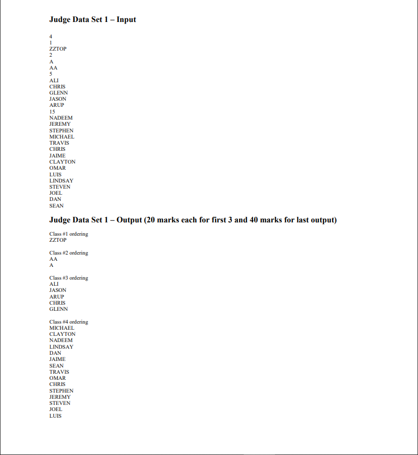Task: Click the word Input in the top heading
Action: pyautogui.click(x=126, y=20)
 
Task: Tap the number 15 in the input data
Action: pyautogui.click(x=52, y=111)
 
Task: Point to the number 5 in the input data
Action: pyautogui.click(x=51, y=74)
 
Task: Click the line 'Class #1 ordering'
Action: pyautogui.click(x=68, y=234)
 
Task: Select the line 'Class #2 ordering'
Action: pyautogui.click(x=68, y=253)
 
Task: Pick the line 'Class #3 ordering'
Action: pyautogui.click(x=68, y=278)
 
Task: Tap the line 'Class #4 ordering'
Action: pyautogui.click(x=68, y=322)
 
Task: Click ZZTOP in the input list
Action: pyautogui.click(x=58, y=49)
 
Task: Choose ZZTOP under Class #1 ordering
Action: pyautogui.click(x=58, y=240)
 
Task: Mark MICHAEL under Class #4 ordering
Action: pyautogui.click(x=61, y=328)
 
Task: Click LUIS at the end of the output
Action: pyautogui.click(x=55, y=416)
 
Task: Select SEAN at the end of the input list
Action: pyautogui.click(x=56, y=206)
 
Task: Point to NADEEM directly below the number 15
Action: pyautogui.click(x=61, y=118)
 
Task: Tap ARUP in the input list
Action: pyautogui.click(x=57, y=105)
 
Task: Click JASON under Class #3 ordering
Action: pyautogui.click(x=58, y=290)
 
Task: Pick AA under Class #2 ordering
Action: pyautogui.click(x=53, y=259)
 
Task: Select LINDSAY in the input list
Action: pyautogui.click(x=61, y=180)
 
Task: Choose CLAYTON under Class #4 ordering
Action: pyautogui.click(x=62, y=334)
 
